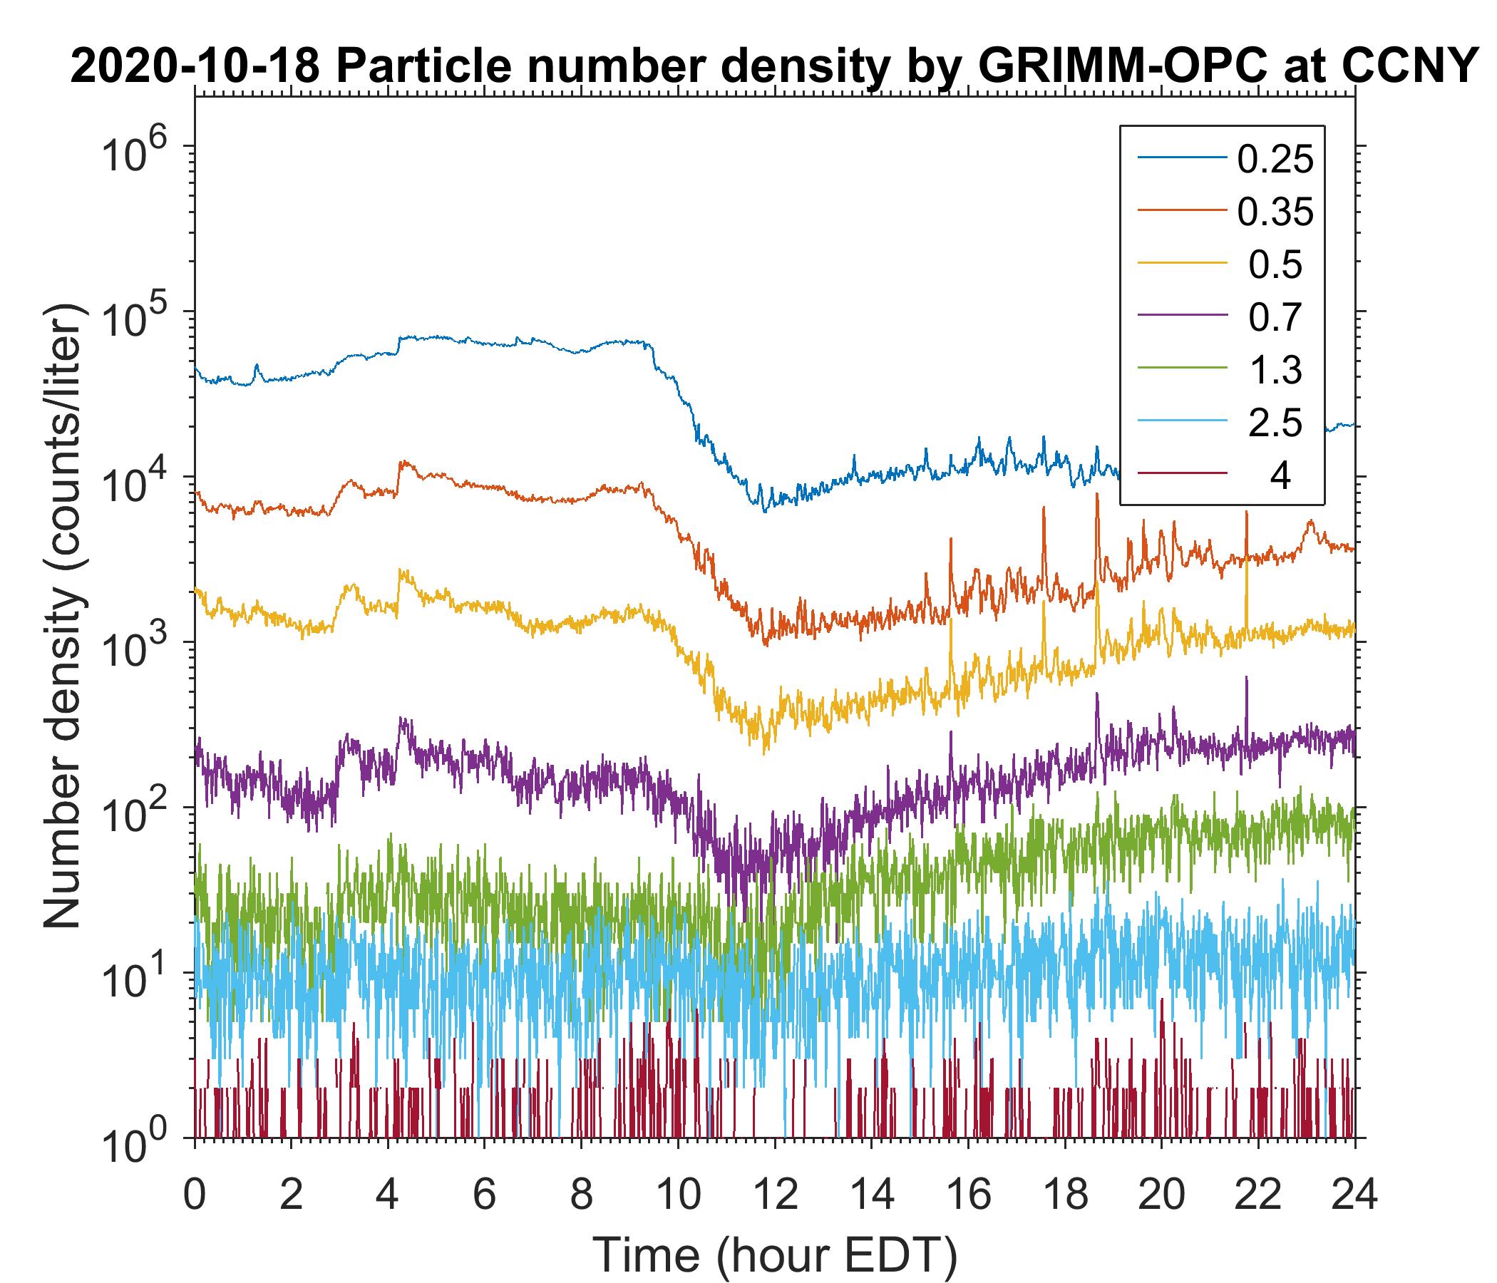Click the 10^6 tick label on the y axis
[x=140, y=154]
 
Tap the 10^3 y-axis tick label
[x=140, y=649]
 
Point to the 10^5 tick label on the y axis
[x=140, y=319]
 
